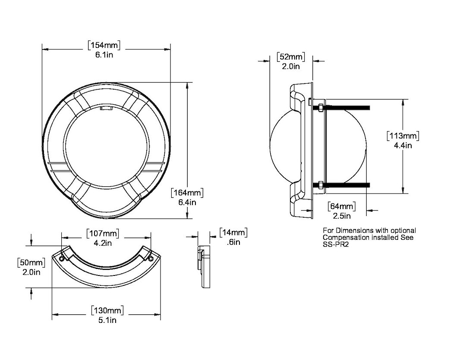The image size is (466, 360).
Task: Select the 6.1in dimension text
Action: click(x=104, y=53)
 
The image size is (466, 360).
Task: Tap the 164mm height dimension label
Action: click(x=187, y=192)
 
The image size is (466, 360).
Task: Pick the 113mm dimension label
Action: click(x=403, y=136)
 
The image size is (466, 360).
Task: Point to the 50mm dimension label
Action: click(x=31, y=263)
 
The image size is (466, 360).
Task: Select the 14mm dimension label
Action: click(x=233, y=233)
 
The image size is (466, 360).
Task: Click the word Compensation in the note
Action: click(x=346, y=238)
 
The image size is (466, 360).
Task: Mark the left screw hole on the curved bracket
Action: click(x=63, y=259)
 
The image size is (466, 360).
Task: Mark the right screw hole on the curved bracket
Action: click(x=150, y=258)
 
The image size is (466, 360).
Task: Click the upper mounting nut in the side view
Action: click(x=321, y=107)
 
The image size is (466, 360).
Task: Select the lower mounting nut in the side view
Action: click(x=321, y=185)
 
